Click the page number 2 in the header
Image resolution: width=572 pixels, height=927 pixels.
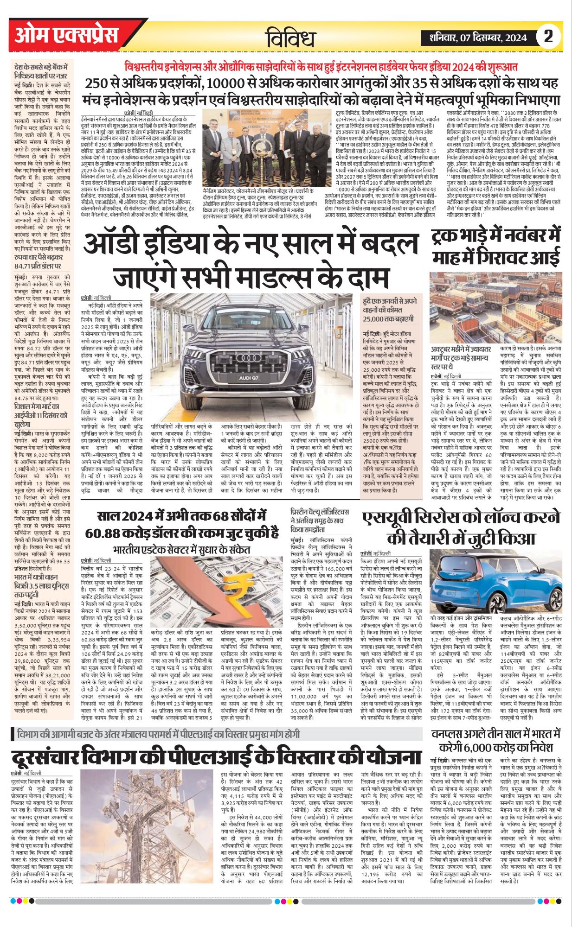click(548, 37)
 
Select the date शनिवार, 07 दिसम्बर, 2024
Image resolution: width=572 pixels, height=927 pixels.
click(478, 38)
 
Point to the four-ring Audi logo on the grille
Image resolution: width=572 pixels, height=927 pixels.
click(252, 358)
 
